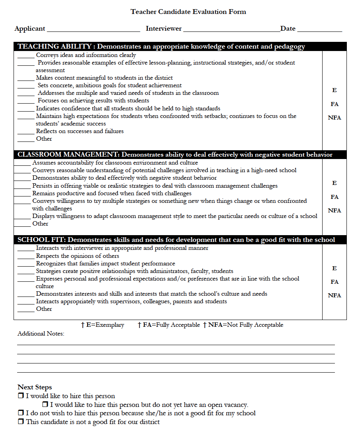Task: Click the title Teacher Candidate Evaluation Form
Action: [x=188, y=12]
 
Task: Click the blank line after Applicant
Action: [x=93, y=29]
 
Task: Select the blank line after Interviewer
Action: [x=231, y=29]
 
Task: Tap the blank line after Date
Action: [x=319, y=29]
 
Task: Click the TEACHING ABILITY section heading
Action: [x=161, y=47]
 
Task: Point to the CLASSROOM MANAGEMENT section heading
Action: [x=175, y=155]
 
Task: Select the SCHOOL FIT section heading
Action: [x=176, y=240]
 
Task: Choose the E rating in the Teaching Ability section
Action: [x=334, y=90]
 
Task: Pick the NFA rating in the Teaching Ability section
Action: [x=334, y=118]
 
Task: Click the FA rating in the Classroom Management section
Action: [x=334, y=197]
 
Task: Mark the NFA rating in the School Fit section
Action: [x=334, y=295]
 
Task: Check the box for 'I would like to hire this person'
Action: [x=21, y=396]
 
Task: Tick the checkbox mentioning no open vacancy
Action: [x=45, y=405]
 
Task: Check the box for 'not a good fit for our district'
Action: [x=21, y=422]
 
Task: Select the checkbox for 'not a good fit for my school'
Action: [x=21, y=413]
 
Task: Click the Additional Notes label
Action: [x=41, y=334]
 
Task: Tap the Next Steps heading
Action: [x=35, y=387]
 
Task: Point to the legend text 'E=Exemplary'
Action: [x=105, y=325]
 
